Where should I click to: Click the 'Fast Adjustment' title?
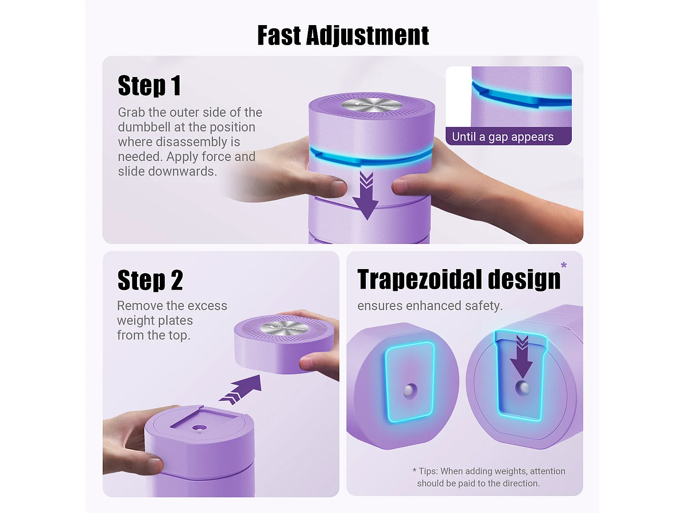(x=343, y=36)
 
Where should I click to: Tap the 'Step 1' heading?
(x=149, y=85)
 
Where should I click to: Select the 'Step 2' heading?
(x=150, y=280)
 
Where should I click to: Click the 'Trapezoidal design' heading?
(x=459, y=280)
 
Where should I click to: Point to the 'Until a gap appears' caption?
(x=502, y=137)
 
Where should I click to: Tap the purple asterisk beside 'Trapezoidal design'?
(x=564, y=265)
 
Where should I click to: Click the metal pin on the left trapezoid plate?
(x=410, y=391)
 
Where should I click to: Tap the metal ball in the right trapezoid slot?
(x=522, y=388)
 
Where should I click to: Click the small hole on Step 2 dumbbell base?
(x=200, y=429)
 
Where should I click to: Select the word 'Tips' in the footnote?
(x=428, y=471)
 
